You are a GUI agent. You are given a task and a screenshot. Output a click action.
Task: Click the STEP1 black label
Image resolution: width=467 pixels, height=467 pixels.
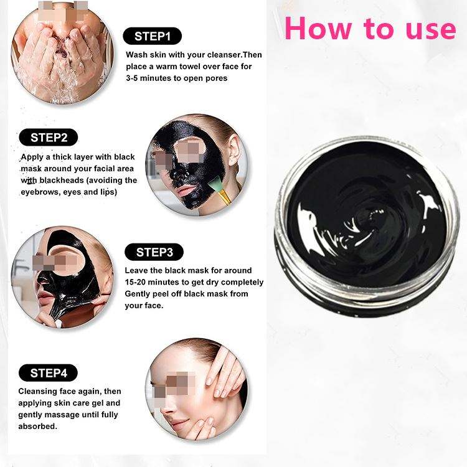[152, 36]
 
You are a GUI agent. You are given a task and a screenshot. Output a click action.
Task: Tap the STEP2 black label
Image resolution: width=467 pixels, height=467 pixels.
[48, 138]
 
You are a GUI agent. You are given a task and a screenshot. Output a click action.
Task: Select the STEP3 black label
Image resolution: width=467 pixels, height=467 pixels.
[154, 252]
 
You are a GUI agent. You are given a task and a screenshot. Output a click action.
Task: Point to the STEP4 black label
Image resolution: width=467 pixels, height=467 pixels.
[48, 372]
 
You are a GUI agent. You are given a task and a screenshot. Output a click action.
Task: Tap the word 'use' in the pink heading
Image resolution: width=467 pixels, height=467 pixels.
[431, 30]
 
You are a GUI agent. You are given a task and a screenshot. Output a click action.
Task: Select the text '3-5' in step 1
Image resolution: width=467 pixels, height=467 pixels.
[131, 78]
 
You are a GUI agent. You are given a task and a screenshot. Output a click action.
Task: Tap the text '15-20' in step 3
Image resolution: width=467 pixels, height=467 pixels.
[135, 282]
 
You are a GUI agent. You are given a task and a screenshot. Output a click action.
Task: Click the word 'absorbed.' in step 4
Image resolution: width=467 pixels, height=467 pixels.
[37, 426]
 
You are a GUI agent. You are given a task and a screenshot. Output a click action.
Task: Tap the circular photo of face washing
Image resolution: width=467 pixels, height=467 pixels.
[62, 54]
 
